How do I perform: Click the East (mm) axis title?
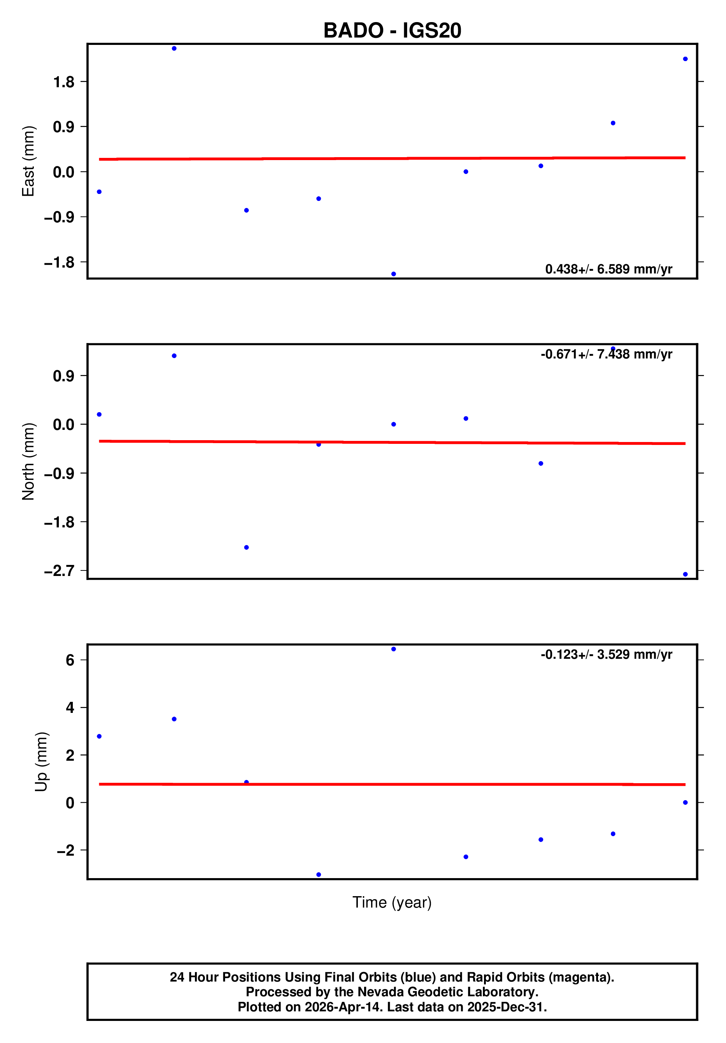tap(28, 161)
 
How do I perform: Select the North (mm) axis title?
tap(28, 461)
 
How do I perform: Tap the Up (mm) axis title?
tap(41, 762)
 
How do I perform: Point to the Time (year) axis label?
tap(392, 902)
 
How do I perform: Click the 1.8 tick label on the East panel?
tap(64, 82)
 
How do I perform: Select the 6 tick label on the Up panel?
tap(70, 660)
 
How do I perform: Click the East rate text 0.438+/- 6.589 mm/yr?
tap(608, 269)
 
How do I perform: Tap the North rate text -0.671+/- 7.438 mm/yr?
tap(606, 354)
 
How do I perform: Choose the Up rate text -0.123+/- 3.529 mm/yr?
tap(606, 655)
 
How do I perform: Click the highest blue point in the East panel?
tap(174, 49)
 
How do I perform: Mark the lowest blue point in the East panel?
tap(394, 274)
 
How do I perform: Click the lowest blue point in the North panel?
tap(685, 574)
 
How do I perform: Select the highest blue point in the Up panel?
tap(394, 649)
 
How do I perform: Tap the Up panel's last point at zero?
tap(685, 803)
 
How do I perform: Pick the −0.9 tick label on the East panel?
tap(59, 217)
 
